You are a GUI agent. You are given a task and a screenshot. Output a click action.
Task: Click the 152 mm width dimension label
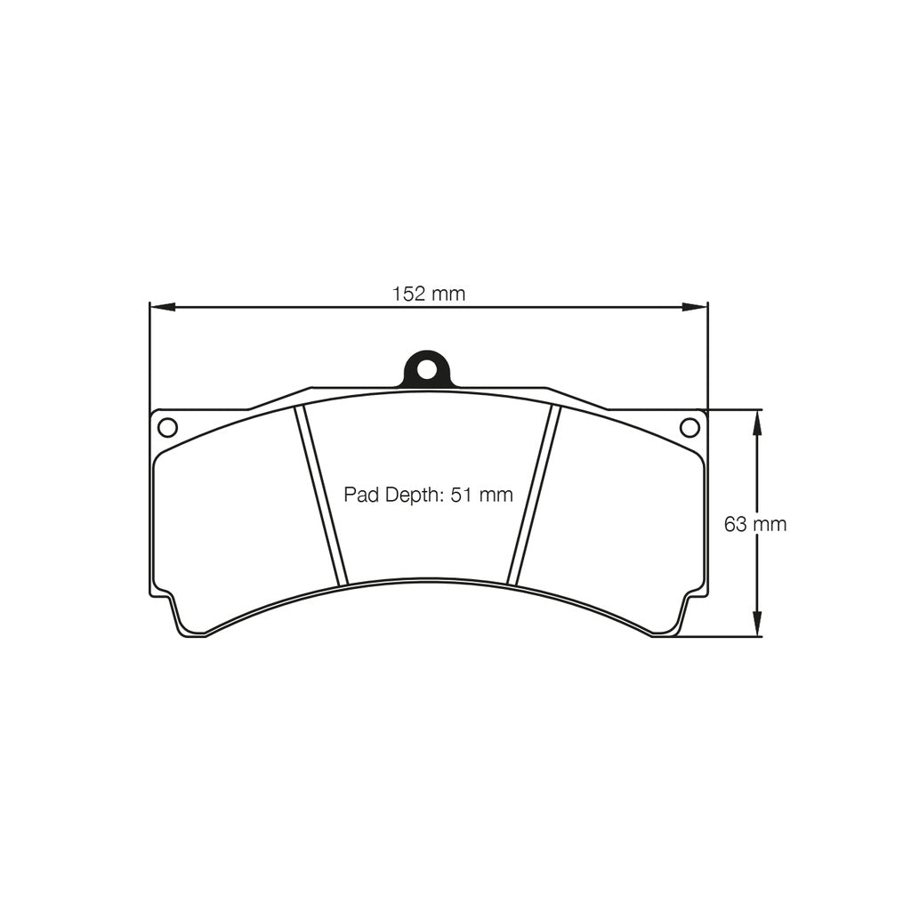click(428, 294)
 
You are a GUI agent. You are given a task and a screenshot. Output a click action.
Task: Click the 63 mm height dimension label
click(754, 524)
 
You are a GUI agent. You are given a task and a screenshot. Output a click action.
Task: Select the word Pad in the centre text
click(360, 496)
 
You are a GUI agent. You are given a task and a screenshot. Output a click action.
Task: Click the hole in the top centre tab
click(427, 367)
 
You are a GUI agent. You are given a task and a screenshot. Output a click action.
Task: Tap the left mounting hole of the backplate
click(167, 427)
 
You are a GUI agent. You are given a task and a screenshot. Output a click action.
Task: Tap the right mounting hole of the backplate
click(689, 427)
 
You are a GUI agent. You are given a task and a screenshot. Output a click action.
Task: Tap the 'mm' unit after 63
click(770, 524)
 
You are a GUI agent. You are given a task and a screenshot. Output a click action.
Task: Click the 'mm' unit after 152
click(448, 294)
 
